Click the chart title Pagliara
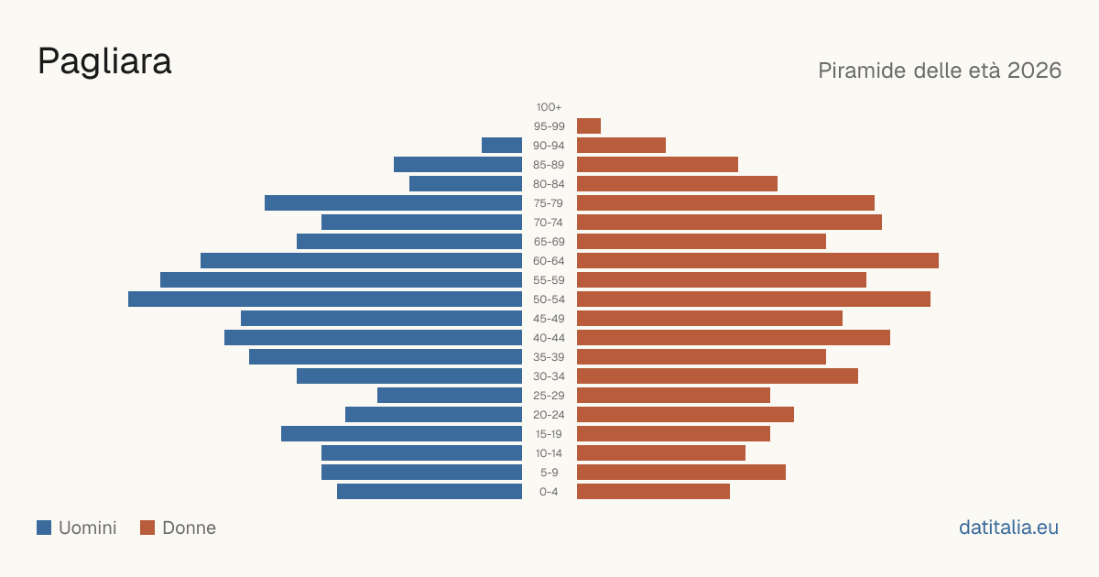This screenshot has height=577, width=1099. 104,62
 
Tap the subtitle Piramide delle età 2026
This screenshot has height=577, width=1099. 940,71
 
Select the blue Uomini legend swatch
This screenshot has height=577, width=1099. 44,528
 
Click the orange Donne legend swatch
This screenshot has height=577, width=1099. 147,528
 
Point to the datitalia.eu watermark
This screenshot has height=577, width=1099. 1008,528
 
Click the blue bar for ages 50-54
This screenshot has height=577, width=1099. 325,299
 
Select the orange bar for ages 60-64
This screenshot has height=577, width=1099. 757,260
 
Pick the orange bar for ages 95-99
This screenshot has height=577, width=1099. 589,126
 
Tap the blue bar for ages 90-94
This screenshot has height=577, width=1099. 502,146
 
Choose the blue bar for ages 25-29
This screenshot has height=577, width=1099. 450,396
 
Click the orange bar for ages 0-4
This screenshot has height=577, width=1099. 654,492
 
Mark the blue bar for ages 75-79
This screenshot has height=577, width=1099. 394,203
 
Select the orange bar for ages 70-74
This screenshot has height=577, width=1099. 729,223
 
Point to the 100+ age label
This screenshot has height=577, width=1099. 549,107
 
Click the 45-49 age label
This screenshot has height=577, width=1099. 549,319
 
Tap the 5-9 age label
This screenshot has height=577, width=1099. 549,473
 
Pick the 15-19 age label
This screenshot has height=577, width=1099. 549,434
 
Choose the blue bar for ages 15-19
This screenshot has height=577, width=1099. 401,434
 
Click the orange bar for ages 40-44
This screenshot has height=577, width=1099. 734,338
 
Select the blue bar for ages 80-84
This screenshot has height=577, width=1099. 465,184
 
